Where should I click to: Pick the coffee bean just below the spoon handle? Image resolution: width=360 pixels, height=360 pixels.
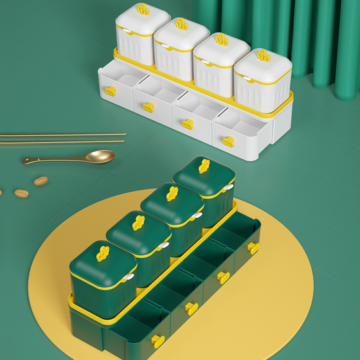[x=40, y=181]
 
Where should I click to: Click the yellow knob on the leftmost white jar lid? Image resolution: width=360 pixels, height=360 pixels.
[x=143, y=10]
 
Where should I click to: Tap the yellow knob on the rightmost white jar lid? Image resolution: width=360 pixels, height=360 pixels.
[x=264, y=55]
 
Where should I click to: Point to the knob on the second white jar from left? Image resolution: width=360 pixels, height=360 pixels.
[x=182, y=24]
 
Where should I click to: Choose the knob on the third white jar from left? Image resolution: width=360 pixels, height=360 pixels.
[x=222, y=40]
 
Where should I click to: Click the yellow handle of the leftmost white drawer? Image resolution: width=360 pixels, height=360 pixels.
[x=110, y=91]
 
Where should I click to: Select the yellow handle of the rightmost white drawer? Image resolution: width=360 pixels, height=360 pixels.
[x=228, y=141]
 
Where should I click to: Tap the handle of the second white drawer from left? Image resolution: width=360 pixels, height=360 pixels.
[x=148, y=107]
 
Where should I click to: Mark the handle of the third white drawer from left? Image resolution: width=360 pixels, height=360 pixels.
[x=187, y=123]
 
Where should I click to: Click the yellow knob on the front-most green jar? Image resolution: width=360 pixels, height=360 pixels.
[x=103, y=253]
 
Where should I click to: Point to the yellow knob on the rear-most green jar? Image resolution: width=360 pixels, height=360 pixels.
[x=204, y=166]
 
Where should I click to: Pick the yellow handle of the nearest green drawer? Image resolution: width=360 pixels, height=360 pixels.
[x=157, y=341]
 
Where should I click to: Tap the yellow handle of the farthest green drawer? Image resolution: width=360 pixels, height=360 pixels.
[x=253, y=248]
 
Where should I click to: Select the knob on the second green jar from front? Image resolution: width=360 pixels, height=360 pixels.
[x=138, y=222]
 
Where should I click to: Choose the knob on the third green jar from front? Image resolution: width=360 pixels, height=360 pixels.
[x=172, y=193]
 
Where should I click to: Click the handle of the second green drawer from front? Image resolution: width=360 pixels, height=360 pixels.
[x=192, y=308]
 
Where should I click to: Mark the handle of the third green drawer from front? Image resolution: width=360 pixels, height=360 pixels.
[x=223, y=277]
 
